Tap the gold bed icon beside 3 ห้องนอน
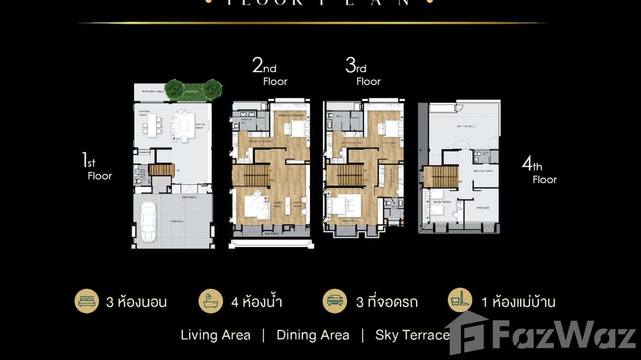(86, 301)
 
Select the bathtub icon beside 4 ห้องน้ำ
(211, 301)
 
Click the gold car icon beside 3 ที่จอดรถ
(335, 301)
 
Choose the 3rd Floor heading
(363, 72)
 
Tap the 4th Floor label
(539, 172)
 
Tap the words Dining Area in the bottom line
(313, 335)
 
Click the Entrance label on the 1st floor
(189, 197)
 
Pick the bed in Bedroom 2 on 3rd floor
(343, 207)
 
